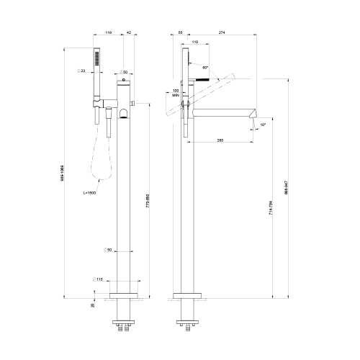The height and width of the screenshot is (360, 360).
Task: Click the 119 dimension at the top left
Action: pos(107,32)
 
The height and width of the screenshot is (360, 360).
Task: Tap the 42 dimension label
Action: pos(129,32)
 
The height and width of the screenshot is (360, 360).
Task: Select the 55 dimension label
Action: pos(179,32)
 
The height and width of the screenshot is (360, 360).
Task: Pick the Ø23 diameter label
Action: pos(81,71)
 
